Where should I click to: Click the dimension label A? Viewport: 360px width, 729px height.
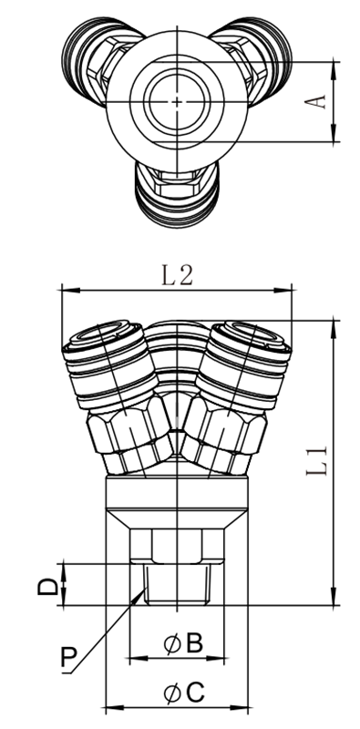(x=315, y=102)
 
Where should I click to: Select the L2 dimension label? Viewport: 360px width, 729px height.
(x=177, y=276)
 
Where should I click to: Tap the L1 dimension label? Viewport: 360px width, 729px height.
(x=317, y=461)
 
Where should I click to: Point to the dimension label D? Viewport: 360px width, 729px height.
(x=48, y=586)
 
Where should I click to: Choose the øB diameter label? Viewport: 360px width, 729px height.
(x=183, y=644)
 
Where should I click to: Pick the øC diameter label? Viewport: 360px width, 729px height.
(x=184, y=693)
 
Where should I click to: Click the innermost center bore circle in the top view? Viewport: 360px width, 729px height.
(x=177, y=102)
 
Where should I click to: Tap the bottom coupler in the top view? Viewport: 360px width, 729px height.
(x=177, y=194)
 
